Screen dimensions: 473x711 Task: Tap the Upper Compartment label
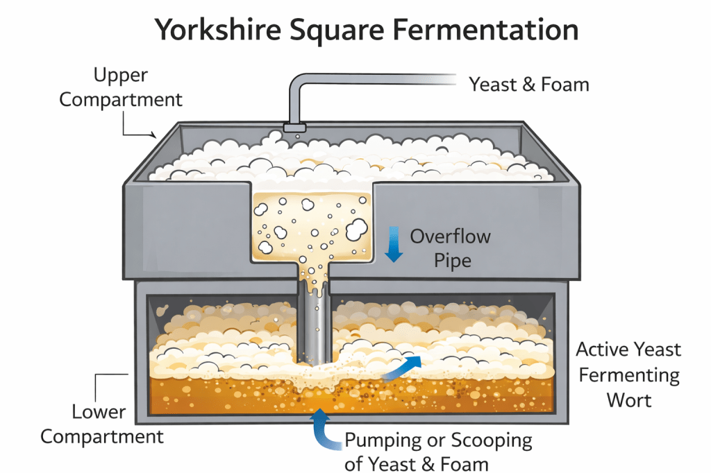121,87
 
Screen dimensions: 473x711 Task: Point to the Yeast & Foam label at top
528,85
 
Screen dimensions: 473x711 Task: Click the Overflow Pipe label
450,248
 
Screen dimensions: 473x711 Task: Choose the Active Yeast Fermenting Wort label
628,375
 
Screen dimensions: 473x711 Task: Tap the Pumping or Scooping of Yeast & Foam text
438,451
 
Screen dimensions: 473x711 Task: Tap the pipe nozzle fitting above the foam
295,128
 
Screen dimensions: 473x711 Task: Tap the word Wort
629,400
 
